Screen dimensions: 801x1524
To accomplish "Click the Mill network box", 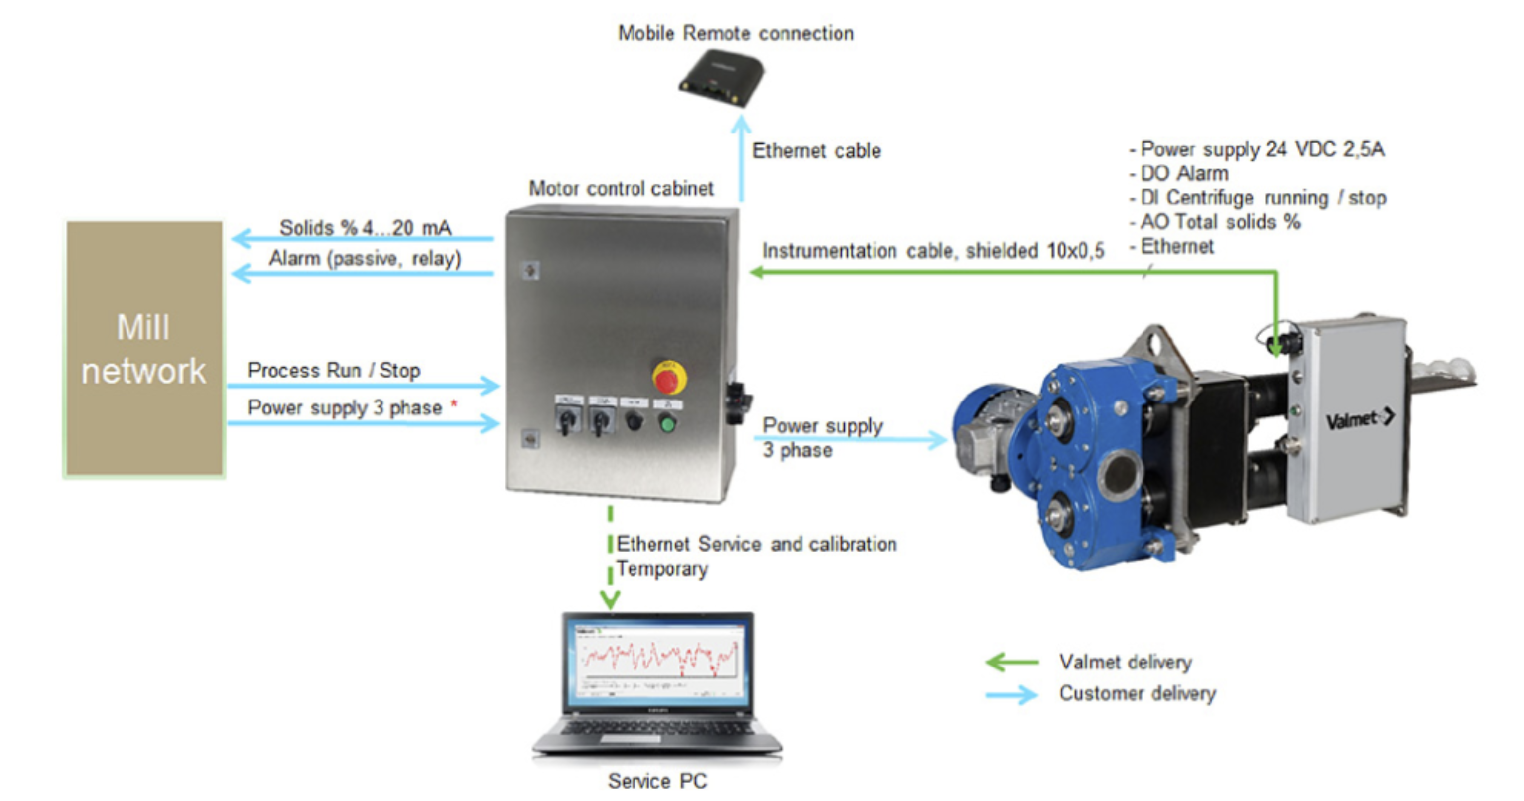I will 145,349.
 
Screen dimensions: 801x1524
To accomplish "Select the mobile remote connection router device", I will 721,77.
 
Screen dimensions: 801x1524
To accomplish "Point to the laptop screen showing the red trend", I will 657,659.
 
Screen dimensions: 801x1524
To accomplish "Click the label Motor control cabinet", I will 621,188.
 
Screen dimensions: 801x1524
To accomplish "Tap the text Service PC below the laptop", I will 657,781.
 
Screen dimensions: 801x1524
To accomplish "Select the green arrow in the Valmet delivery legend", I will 1011,662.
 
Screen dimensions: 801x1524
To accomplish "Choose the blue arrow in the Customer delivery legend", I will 1011,694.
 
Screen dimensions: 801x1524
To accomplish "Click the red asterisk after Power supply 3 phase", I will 455,405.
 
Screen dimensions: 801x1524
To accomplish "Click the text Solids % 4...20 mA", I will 365,228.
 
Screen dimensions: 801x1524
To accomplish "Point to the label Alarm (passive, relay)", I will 365,259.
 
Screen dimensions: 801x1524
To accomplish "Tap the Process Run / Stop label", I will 334,370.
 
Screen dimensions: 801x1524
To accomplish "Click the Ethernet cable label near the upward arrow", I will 816,151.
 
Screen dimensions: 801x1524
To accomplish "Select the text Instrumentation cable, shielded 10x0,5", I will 933,251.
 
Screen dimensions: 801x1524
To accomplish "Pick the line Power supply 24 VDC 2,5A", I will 1261,149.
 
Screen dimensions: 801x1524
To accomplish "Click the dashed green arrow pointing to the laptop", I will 609,563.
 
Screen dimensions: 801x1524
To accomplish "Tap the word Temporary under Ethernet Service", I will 661,569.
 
